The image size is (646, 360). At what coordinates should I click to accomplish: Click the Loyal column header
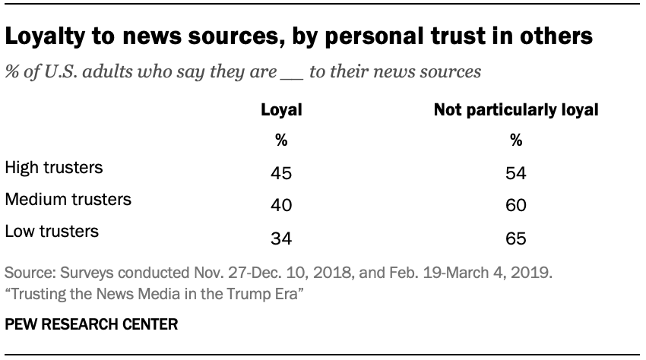[281, 110]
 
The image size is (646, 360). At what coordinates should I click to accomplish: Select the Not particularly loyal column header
[516, 110]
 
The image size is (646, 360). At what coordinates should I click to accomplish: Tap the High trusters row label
[53, 166]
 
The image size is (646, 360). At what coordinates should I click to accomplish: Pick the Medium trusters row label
[68, 200]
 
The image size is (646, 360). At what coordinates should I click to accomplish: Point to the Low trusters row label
[51, 232]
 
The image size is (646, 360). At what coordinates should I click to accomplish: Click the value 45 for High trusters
[281, 174]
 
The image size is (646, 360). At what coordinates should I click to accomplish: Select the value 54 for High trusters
[516, 174]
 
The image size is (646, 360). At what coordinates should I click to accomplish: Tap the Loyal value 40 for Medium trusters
[281, 207]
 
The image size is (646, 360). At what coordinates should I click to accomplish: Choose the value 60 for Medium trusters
[516, 207]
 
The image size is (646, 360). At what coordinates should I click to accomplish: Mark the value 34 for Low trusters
[281, 239]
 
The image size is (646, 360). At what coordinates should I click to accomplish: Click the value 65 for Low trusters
[516, 239]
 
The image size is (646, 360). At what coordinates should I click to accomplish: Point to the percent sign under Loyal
[281, 141]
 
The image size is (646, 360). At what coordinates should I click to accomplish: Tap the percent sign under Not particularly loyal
[516, 141]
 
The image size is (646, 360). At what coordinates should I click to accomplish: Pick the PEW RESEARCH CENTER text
[91, 325]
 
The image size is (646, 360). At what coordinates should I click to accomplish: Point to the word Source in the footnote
[28, 272]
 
